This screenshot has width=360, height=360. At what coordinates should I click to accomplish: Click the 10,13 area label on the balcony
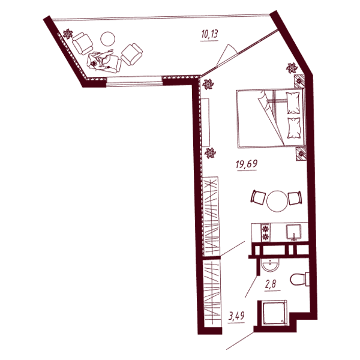pos(209,34)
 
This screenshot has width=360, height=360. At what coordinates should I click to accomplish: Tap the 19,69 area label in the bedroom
pos(247,164)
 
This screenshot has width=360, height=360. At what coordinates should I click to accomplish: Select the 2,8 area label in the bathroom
pos(271,284)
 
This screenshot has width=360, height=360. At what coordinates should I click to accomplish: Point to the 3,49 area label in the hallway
pos(236,316)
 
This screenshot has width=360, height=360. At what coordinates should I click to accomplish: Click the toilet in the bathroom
pos(299,279)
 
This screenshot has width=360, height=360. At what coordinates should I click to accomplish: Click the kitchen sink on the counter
pos(293,232)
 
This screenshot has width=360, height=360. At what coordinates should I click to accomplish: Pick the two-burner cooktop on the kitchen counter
pos(266,232)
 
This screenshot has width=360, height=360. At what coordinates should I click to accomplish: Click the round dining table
pos(277,201)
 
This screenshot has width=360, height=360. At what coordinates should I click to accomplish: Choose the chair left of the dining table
pos(258,197)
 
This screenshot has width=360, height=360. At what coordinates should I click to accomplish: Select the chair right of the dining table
pos(295,198)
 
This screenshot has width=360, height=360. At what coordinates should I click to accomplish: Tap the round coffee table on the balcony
pos(107,38)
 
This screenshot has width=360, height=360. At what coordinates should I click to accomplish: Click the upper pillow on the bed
pos(293,103)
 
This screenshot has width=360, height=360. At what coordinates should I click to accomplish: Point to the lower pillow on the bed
pos(294,128)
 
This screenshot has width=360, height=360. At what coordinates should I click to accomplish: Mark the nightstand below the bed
pos(301,154)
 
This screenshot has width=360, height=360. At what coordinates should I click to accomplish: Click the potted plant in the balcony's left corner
pos(68,34)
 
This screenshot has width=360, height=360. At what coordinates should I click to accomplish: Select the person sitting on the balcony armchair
pos(101,59)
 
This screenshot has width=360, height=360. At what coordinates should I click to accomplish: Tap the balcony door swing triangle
pos(227,55)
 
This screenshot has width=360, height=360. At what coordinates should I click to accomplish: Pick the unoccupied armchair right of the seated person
pos(132,55)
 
